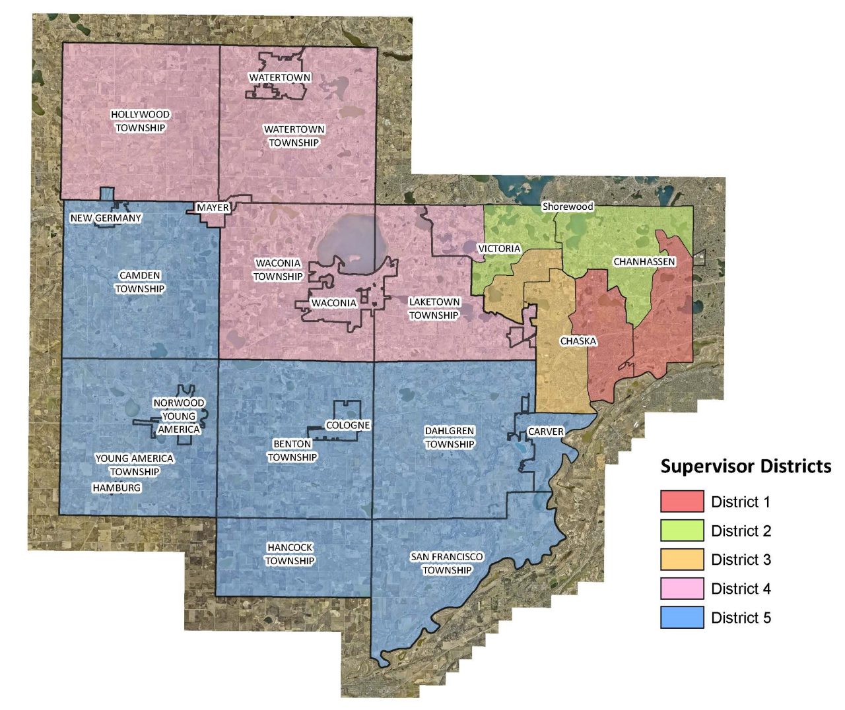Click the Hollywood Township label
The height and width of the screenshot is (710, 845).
pos(140,121)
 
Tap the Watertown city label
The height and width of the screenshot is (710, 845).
pos(280,78)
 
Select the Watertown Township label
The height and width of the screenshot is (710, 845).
pos(294,136)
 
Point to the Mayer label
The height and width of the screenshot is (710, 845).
pos(213,208)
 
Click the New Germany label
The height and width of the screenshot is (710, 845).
pos(106,218)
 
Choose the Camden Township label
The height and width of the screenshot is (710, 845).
pos(140,282)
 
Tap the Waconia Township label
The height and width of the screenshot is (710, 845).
pos(278,270)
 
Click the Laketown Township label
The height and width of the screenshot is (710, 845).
pos(434,309)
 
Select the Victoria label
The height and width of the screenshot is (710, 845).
pos(499,249)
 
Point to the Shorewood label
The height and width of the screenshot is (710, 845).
pos(568,207)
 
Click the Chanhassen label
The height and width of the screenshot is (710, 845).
pos(644,262)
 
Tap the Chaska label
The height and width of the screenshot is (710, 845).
pos(578,341)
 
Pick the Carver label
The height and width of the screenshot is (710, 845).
pos(546,432)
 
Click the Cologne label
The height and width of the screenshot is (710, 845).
pos(348,426)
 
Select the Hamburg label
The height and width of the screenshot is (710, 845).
pos(117,488)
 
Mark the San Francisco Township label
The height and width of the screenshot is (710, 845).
pos(447,564)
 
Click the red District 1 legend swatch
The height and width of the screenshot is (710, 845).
pos(682,501)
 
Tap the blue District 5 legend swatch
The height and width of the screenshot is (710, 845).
pos(682,618)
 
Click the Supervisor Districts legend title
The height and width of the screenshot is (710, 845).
pos(746,467)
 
